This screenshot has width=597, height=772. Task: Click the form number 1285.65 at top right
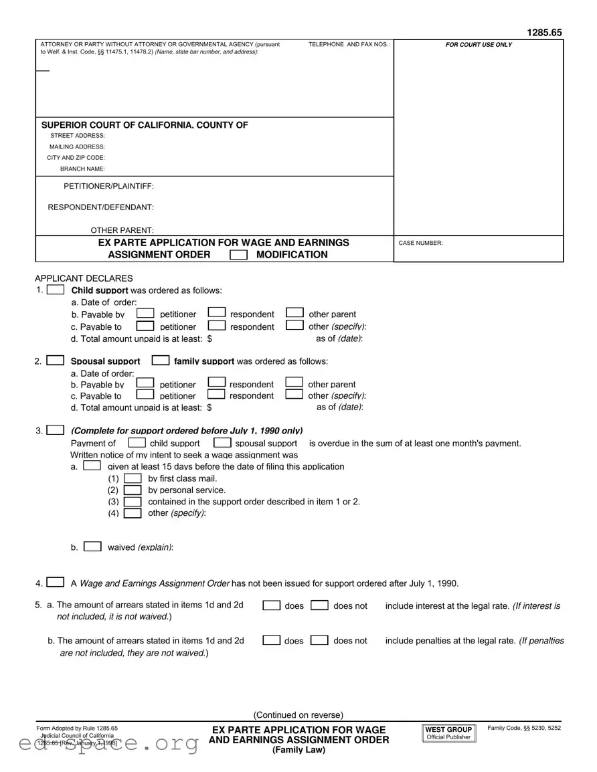544,32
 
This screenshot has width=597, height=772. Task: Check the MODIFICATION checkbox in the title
238,255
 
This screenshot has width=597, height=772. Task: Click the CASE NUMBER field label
420,244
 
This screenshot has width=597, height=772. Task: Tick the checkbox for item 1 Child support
57,290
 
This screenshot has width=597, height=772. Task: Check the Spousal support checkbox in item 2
56,361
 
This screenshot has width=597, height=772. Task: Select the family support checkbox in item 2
161,361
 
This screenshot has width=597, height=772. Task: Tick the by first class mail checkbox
133,478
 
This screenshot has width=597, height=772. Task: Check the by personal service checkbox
133,490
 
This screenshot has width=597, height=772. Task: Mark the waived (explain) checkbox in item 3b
93,547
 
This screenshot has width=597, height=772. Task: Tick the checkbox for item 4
56,583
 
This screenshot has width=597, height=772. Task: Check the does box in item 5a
271,605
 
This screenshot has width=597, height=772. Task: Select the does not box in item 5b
320,640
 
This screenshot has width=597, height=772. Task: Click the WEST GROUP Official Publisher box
448,733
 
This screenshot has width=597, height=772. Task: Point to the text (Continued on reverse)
298,714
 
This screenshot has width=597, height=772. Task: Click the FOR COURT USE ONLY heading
479,45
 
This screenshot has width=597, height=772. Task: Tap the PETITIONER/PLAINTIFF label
108,186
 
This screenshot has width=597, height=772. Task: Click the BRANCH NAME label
82,169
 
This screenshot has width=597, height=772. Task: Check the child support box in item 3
137,443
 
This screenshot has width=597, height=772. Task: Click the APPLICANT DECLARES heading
84,278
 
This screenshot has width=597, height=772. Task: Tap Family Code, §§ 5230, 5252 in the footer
524,728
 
